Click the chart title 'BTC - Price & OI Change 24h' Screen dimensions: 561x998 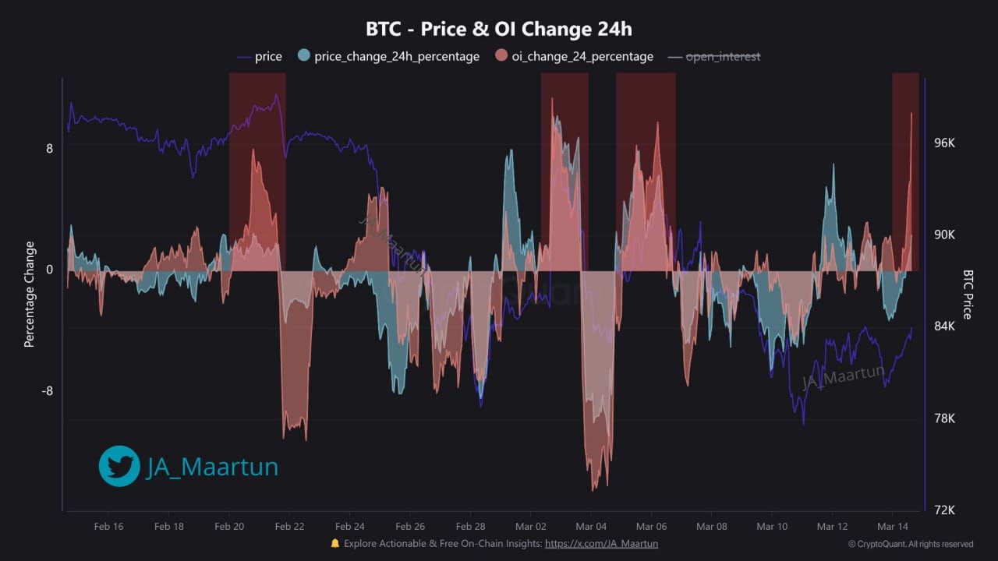pyautogui.click(x=499, y=30)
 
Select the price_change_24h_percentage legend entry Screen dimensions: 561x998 pyautogui.click(x=388, y=56)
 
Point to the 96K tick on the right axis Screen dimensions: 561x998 pyautogui.click(x=944, y=143)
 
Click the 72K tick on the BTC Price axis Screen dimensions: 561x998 pyautogui.click(x=944, y=510)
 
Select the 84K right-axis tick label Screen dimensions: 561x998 pyautogui.click(x=944, y=326)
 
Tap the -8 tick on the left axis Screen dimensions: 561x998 pyautogui.click(x=47, y=391)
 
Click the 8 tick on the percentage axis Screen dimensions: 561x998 pyautogui.click(x=49, y=148)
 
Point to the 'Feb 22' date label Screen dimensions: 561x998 pyautogui.click(x=289, y=527)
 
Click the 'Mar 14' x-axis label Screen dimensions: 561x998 pyautogui.click(x=893, y=527)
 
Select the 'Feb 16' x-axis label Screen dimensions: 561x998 pyautogui.click(x=108, y=527)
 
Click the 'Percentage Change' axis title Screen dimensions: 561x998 pyautogui.click(x=30, y=294)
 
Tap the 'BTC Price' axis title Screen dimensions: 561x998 pyautogui.click(x=968, y=295)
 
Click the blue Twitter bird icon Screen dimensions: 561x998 pyautogui.click(x=119, y=466)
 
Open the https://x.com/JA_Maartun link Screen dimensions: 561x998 pyautogui.click(x=601, y=543)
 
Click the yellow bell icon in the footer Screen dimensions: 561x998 pyautogui.click(x=335, y=543)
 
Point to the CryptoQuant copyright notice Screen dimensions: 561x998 pyautogui.click(x=911, y=544)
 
